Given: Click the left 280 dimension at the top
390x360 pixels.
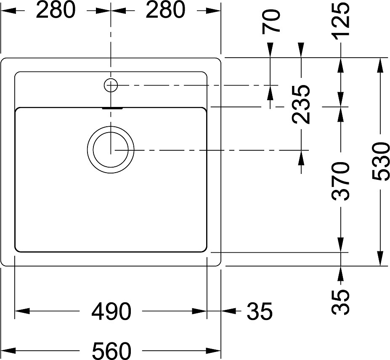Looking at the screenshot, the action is (x=56, y=11).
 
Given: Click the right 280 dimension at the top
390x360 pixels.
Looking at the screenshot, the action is (x=165, y=11).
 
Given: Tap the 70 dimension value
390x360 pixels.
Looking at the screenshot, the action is (x=271, y=21).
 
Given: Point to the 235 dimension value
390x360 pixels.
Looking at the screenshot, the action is (x=301, y=104).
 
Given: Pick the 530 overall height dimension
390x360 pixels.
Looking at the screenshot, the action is (x=380, y=161).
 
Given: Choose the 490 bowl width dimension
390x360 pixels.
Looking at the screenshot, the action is (x=111, y=312).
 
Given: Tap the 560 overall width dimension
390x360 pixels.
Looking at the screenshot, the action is (x=111, y=350).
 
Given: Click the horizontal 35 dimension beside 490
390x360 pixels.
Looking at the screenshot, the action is (x=260, y=311).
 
